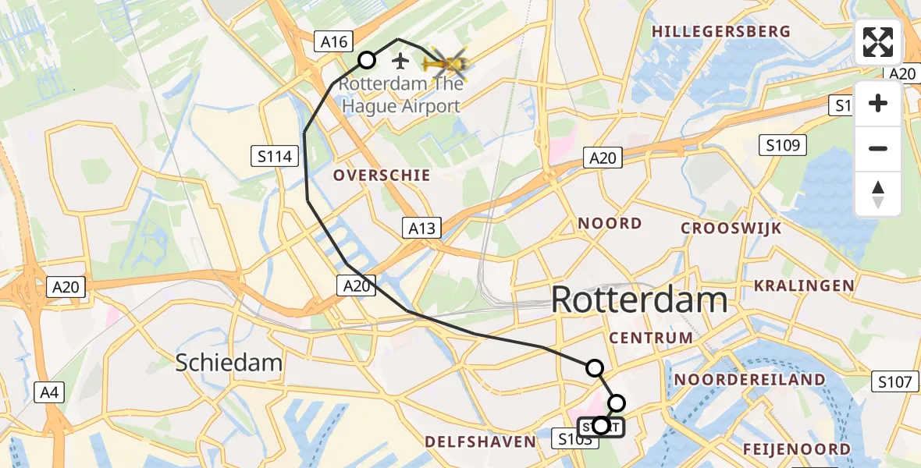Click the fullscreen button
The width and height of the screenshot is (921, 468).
tap(878, 42)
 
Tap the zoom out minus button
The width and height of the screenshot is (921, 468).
tap(878, 148)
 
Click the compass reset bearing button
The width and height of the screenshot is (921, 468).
tap(878, 194)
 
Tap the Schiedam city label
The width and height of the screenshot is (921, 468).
tap(229, 363)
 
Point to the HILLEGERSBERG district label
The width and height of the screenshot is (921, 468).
tap(721, 32)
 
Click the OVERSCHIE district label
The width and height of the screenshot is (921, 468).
tap(382, 175)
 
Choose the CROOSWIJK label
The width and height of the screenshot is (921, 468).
tap(731, 228)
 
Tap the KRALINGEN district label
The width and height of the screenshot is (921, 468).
tap(803, 285)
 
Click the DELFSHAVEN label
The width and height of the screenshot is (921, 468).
tap(480, 441)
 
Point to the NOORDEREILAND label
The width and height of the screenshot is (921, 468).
tap(751, 380)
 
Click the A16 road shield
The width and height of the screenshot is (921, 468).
tap(335, 42)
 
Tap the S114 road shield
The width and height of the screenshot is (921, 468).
tap(276, 157)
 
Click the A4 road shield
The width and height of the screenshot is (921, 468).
tap(49, 392)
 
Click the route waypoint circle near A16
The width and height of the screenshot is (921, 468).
tap(367, 60)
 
